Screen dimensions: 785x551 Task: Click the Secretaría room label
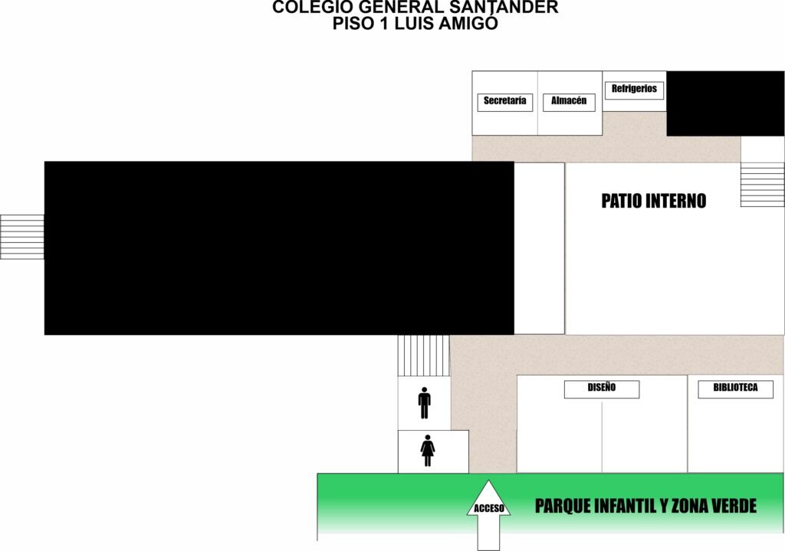504,102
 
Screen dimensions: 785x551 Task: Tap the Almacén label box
569,102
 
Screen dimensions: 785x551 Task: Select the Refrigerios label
634,90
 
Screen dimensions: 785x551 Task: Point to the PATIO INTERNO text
653,201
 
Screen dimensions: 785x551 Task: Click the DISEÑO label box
602,389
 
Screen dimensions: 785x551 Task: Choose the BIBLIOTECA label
735,389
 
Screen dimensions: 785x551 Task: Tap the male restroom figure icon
425,403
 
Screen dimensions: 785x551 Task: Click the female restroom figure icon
428,451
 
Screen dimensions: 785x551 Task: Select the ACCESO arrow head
488,498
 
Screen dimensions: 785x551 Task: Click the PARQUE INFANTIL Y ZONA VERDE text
645,506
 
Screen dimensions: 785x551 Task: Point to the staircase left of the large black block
22,237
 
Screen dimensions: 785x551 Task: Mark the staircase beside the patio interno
763,184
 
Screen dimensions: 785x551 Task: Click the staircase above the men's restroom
423,356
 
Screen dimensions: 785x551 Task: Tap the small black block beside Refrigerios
725,103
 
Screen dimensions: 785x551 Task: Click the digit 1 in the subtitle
384,24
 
